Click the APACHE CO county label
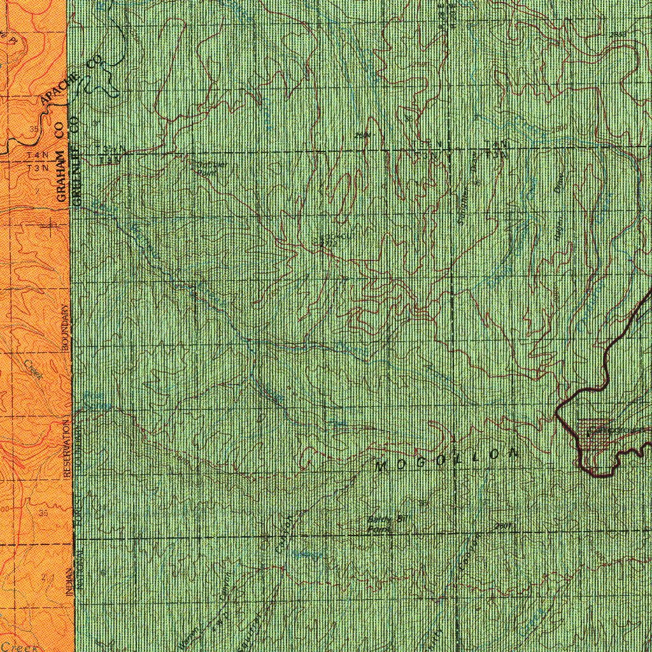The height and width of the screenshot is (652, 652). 70,81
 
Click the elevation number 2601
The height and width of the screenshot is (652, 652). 503,527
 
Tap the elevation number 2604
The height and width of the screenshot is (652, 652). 362,135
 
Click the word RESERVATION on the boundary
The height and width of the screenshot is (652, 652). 66,453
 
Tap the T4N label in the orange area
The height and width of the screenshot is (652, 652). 38,155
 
